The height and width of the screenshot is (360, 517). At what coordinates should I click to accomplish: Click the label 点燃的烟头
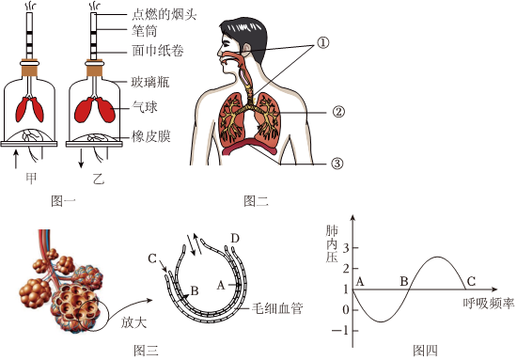(x=164, y=15)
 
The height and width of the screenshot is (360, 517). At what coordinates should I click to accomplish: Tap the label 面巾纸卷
(x=158, y=51)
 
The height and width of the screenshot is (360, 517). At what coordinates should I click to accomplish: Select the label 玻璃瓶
(x=150, y=82)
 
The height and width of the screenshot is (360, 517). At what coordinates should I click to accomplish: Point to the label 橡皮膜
(x=151, y=136)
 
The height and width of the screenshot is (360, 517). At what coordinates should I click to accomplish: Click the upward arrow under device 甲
(x=15, y=159)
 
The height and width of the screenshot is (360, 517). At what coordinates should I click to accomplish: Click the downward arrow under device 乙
(x=81, y=159)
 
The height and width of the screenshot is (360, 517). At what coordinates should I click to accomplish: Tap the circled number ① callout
(x=323, y=42)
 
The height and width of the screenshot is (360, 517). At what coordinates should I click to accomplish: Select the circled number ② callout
(x=338, y=112)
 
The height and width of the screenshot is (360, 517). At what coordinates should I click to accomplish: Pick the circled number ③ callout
(x=337, y=164)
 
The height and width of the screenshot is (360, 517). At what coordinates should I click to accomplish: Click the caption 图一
(x=64, y=200)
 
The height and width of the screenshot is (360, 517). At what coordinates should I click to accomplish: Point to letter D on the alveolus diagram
(x=235, y=238)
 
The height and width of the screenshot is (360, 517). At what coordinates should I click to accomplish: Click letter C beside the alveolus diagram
(x=152, y=258)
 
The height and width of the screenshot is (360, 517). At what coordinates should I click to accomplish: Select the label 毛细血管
(x=277, y=308)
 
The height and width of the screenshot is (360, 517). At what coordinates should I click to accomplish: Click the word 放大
(x=133, y=322)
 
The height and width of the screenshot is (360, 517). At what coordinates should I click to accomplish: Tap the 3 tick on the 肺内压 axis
(x=346, y=248)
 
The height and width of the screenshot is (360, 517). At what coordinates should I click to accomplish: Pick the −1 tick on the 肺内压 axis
(x=340, y=331)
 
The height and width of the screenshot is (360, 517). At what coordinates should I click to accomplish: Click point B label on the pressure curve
(x=404, y=282)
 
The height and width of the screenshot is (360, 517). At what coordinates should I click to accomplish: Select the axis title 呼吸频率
(x=488, y=304)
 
